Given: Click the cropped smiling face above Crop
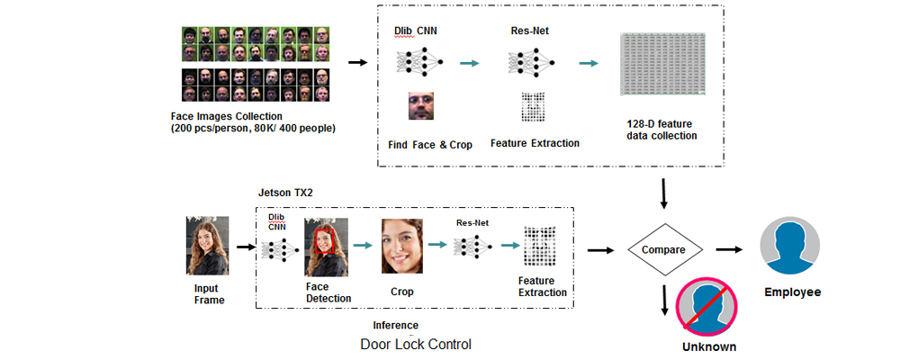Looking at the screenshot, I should tap(401, 246).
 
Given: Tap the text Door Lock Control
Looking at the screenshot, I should tap(416, 344).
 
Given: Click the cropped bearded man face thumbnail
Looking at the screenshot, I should tap(423, 107).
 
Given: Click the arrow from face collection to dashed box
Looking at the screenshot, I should tap(357, 63).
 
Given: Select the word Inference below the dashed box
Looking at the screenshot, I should tap(396, 324).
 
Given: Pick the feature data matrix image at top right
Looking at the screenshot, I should tap(661, 65).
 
